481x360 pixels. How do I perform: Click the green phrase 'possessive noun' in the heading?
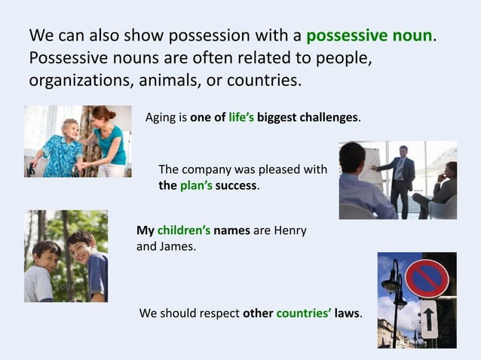370,35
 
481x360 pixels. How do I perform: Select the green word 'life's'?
241,118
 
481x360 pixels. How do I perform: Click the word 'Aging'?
160,118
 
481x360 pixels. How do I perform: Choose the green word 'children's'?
182,230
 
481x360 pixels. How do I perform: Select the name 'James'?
177,246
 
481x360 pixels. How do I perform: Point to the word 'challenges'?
329,118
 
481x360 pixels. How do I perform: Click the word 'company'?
206,169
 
